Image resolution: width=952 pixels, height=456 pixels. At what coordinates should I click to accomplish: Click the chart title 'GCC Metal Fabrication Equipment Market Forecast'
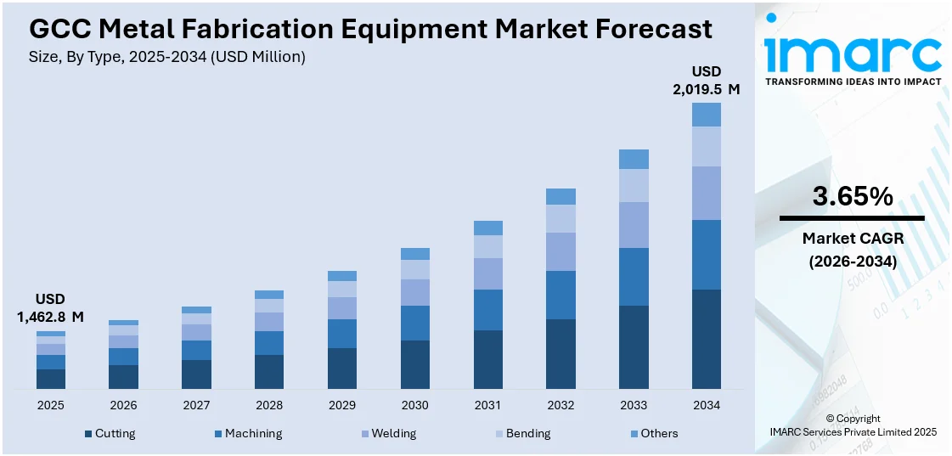pyautogui.click(x=370, y=29)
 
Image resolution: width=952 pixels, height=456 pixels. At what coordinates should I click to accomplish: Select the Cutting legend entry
pyautogui.click(x=110, y=433)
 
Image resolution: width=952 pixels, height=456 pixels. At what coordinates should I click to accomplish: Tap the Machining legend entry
pyautogui.click(x=248, y=433)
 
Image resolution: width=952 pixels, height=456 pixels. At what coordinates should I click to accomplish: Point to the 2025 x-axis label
pyautogui.click(x=51, y=405)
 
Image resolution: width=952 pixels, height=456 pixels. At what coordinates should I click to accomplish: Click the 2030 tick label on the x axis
pyautogui.click(x=415, y=405)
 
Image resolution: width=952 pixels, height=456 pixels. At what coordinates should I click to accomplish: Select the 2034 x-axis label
pyautogui.click(x=706, y=405)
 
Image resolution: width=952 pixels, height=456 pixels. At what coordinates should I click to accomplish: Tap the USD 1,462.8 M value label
pyautogui.click(x=51, y=307)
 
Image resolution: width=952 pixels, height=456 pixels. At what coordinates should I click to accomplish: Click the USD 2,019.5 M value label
pyautogui.click(x=706, y=80)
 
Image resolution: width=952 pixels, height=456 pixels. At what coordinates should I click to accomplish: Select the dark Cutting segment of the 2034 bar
pyautogui.click(x=706, y=339)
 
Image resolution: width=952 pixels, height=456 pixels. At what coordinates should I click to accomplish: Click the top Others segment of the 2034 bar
pyautogui.click(x=706, y=115)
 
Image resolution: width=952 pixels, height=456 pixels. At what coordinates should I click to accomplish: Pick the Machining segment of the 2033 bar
pyautogui.click(x=634, y=276)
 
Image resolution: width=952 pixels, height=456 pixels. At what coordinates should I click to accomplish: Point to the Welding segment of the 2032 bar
pyautogui.click(x=560, y=251)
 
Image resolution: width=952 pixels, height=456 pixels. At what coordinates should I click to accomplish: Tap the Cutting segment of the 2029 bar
pyautogui.click(x=342, y=369)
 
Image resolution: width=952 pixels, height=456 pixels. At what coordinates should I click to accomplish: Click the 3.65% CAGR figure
pyautogui.click(x=853, y=197)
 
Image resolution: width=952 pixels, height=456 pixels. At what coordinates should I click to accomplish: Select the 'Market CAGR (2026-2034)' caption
pyautogui.click(x=853, y=250)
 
